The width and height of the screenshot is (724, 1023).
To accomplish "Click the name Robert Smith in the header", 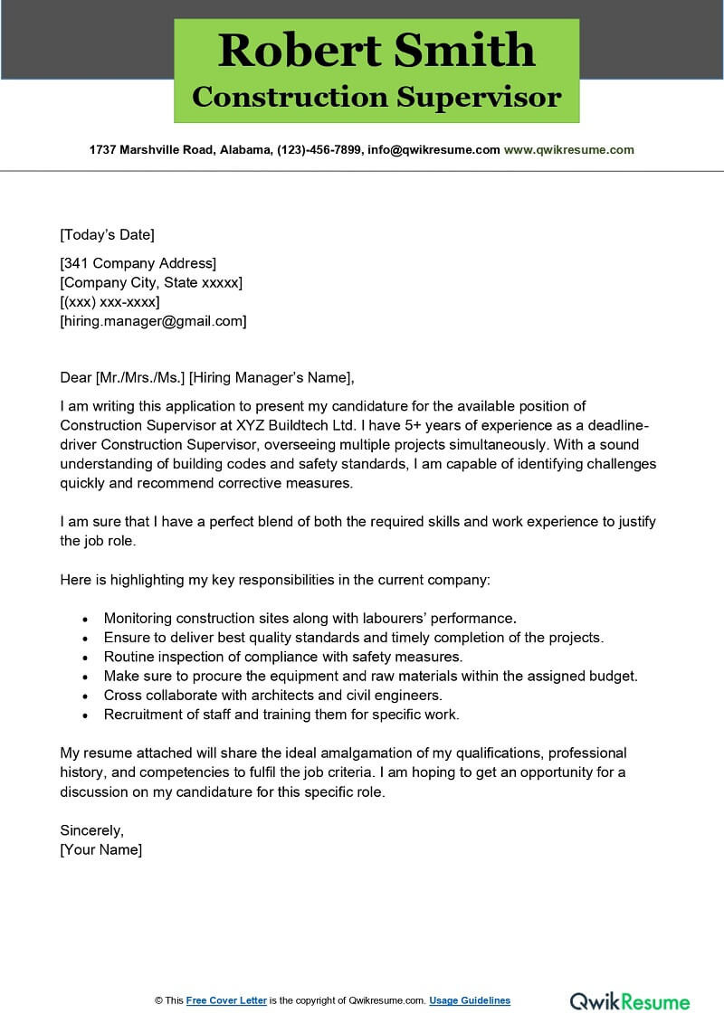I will click(376, 51).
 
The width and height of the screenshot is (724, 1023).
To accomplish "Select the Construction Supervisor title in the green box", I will click(376, 97).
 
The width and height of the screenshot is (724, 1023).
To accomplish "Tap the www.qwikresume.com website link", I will click(568, 150).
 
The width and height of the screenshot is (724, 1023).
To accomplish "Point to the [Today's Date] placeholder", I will click(107, 235).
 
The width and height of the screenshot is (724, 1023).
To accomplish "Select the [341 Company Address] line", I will click(138, 264).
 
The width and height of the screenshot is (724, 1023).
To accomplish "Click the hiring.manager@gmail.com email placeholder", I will click(153, 321).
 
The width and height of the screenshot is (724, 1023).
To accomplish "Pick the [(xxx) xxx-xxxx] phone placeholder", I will click(110, 302).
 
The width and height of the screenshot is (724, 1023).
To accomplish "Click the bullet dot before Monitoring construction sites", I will click(85, 620).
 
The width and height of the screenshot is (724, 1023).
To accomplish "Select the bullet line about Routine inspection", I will click(282, 657).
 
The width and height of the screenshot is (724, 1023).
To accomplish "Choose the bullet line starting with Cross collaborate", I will click(272, 696).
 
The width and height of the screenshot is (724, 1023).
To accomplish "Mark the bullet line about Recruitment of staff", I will click(281, 715).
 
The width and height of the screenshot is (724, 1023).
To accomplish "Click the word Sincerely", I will click(91, 830).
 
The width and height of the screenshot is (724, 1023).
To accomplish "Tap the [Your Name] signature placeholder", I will click(100, 850).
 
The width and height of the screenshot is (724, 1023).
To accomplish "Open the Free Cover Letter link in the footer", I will click(226, 1000).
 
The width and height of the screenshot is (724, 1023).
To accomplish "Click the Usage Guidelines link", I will click(470, 1000).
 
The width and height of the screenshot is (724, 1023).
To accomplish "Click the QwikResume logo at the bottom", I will click(630, 1001).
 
